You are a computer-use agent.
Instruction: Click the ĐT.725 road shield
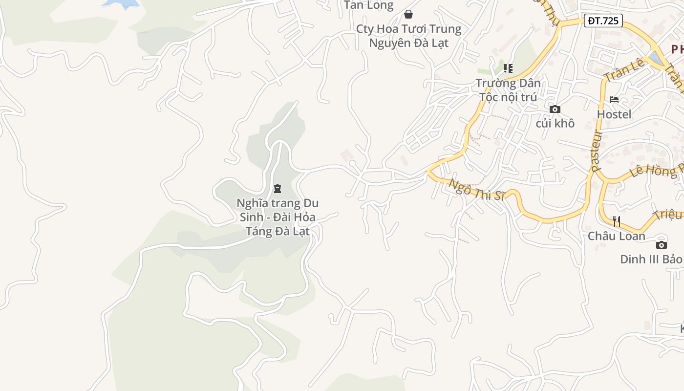pos(603,21)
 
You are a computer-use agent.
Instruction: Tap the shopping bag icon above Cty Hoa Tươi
pos(408,14)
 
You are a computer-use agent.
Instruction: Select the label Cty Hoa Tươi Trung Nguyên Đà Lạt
pos(408,36)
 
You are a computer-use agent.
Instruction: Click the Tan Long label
pos(369,5)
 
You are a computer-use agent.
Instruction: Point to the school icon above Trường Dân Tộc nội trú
pos(508,68)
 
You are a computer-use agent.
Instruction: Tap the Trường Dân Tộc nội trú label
pos(508,90)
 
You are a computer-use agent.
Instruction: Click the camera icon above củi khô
pos(555,109)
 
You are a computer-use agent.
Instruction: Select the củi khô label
pos(555,123)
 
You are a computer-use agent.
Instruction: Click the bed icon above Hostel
pos(614,100)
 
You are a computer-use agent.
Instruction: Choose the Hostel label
pos(614,114)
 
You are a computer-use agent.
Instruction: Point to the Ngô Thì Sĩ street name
pos(476,190)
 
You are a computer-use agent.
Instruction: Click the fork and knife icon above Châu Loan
pos(617,221)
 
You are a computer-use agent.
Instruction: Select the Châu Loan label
pos(617,236)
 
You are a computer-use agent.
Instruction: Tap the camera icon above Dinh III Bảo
pos(662,245)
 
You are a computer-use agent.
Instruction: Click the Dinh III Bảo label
pos(651,259)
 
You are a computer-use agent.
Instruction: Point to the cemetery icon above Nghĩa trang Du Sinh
pos(278,189)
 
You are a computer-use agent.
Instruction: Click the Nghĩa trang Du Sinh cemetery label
pos(278,217)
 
